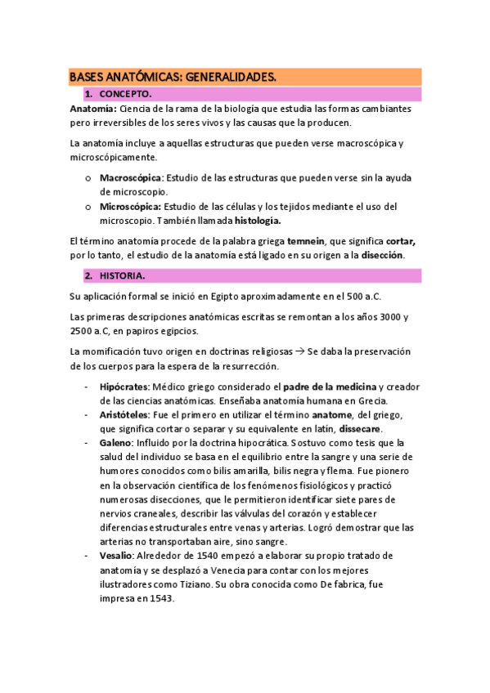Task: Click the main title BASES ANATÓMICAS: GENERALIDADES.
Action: click(x=173, y=77)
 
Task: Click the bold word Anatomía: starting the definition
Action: click(x=93, y=109)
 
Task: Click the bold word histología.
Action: click(x=258, y=221)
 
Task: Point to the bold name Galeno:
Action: click(x=118, y=443)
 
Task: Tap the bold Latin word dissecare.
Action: click(x=360, y=428)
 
